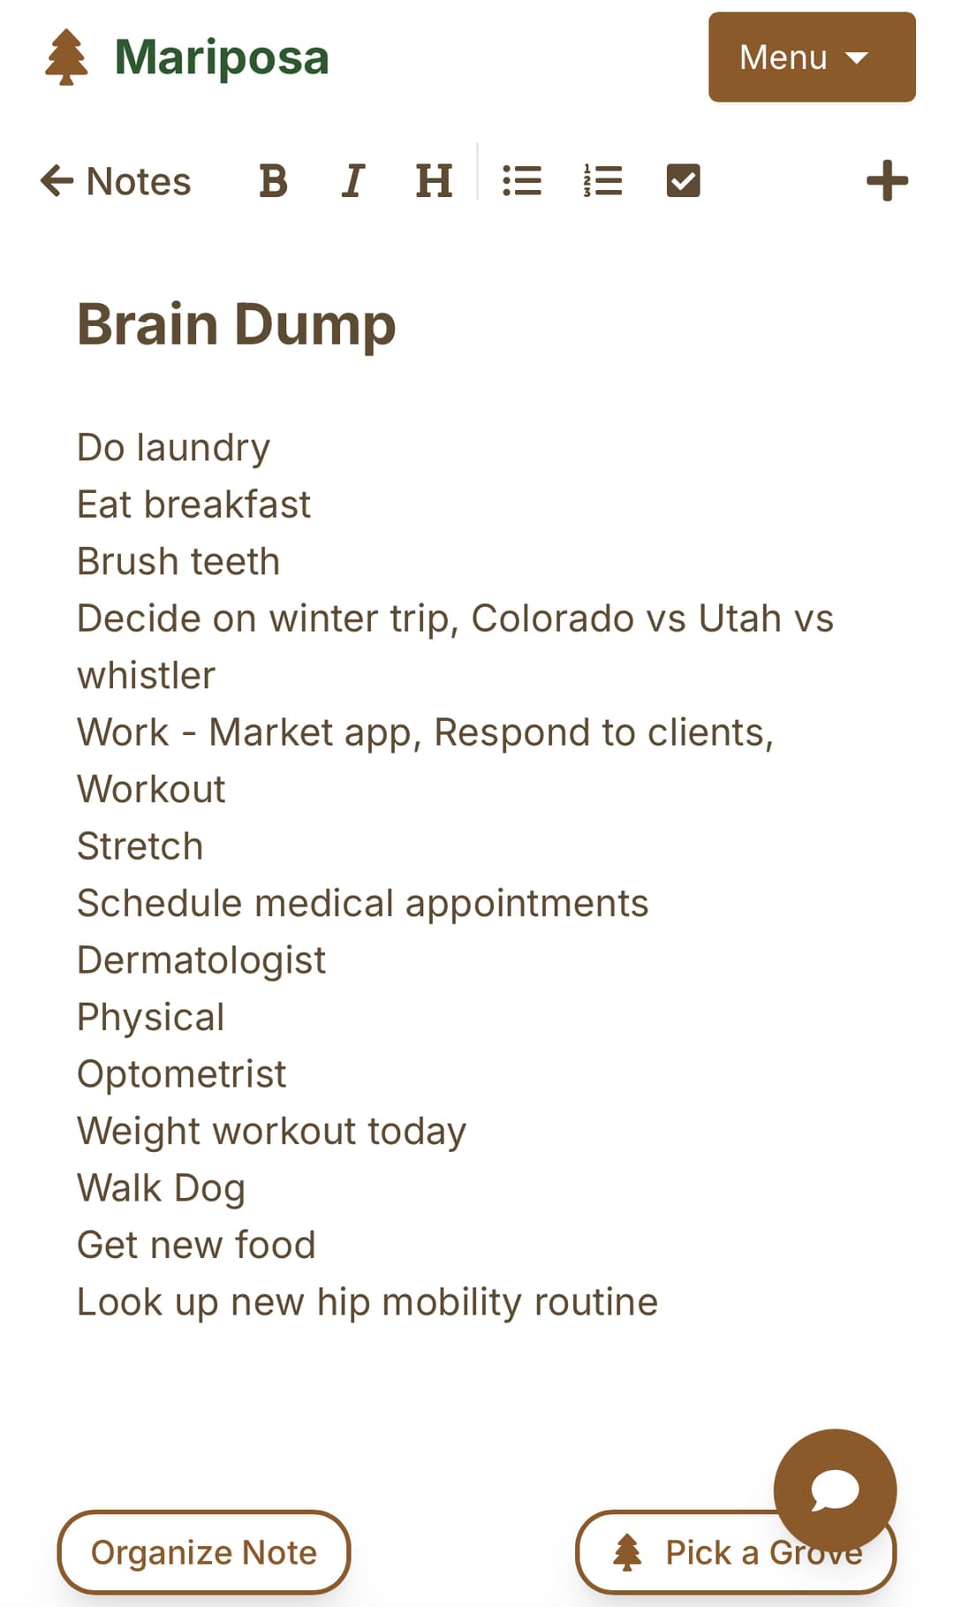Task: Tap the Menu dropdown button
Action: [811, 57]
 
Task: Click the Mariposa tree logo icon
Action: [66, 57]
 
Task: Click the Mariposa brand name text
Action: [222, 57]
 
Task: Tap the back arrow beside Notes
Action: [57, 181]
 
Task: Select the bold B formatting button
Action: [273, 181]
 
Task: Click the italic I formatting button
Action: [353, 181]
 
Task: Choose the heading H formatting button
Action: [434, 181]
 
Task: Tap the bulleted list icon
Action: [522, 181]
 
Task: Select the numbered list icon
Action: [602, 181]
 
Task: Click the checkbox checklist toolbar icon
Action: [683, 181]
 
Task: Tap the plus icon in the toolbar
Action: [887, 181]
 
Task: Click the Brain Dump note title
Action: [237, 324]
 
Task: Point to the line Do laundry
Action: [174, 448]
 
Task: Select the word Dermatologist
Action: [201, 960]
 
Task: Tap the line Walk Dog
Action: [161, 1188]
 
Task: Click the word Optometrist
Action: [181, 1074]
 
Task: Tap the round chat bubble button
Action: [835, 1490]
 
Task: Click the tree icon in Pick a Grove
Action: [627, 1552]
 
